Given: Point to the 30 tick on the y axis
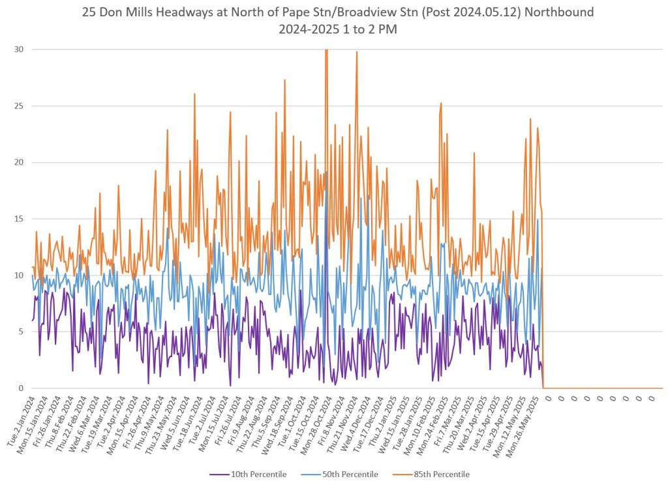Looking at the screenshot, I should point(20,49).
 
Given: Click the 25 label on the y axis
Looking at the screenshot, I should point(20,106).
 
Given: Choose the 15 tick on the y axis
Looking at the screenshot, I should point(20,219).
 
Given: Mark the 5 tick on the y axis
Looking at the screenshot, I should point(22,332).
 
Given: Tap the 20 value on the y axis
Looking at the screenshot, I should point(20,162).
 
